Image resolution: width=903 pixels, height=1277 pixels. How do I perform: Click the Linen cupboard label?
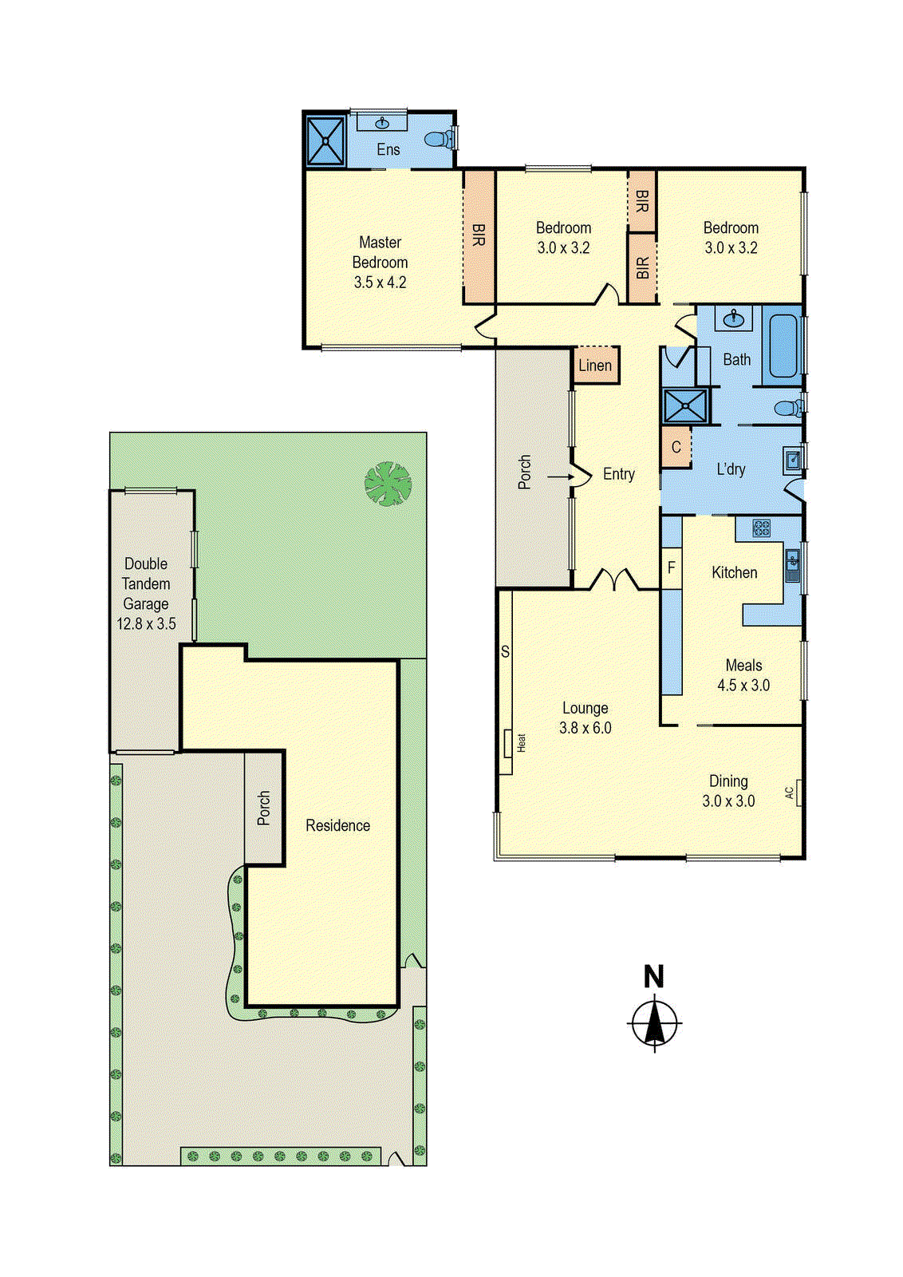pos(595,366)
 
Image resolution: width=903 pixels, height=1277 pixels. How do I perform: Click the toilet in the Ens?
pos(437,139)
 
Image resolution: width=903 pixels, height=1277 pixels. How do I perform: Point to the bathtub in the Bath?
pos(783,346)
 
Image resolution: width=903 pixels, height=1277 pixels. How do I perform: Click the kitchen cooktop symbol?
pos(761,528)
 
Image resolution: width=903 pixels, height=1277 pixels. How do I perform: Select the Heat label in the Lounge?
pos(521,743)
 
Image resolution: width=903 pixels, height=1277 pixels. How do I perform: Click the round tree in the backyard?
pos(388,484)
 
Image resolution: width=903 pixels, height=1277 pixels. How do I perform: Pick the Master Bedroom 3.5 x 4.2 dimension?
pos(380,283)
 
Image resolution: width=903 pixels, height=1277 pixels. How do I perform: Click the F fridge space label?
pos(672,567)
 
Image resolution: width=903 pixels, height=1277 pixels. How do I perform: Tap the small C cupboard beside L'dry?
pos(676,447)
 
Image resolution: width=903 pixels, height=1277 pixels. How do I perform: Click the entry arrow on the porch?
pos(561,477)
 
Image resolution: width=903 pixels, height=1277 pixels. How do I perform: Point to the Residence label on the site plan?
pos(337,825)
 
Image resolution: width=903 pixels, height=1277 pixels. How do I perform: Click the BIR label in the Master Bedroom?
pos(479,235)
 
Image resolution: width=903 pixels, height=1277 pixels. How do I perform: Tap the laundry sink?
pos(794,461)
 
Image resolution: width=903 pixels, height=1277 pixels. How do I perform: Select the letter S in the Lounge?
pos(505,652)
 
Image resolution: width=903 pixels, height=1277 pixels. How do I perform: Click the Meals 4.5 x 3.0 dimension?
pos(743,686)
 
